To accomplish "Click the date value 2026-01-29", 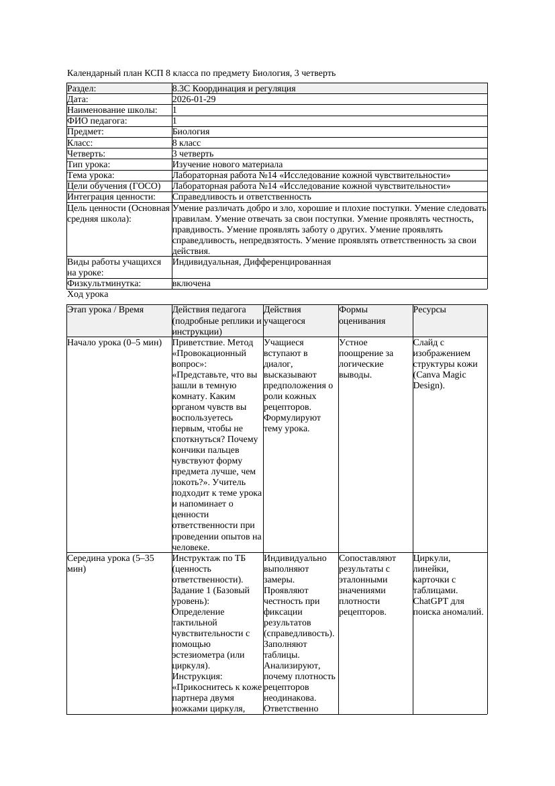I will (194, 99).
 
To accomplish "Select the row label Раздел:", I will (82, 89).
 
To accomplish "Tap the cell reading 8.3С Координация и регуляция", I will (234, 89).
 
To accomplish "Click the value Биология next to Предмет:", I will (191, 132).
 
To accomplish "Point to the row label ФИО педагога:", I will (97, 121).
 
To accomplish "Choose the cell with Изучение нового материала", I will (227, 165).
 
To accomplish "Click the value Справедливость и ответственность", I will (241, 197).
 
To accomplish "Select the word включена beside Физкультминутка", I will (191, 283).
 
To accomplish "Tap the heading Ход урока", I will (87, 294).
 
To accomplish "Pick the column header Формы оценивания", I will (362, 315).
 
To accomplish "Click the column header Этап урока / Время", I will (110, 310).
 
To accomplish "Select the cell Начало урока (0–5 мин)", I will (114, 343).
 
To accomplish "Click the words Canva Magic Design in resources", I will (440, 380).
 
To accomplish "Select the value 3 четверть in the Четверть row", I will (193, 154).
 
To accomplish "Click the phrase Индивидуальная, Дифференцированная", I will (251, 262).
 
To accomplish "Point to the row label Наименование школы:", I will (112, 110).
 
